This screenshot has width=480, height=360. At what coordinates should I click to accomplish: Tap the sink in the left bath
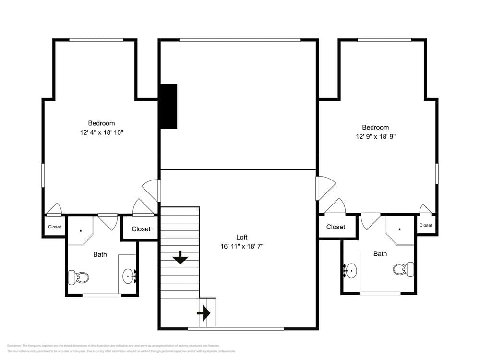point(129,276)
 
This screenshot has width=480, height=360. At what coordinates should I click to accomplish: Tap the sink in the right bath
point(351,271)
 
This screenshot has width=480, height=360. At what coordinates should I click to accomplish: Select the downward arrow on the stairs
point(180,257)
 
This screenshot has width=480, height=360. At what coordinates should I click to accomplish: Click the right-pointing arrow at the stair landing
point(204,314)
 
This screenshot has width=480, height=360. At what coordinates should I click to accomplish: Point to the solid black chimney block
point(168,106)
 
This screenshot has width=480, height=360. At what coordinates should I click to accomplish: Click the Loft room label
point(242,237)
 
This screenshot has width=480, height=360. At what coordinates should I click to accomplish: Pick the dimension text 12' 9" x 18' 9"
point(375,136)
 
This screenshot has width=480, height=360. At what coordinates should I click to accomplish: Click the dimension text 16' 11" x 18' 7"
point(242,246)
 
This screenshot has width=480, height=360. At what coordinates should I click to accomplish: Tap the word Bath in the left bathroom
point(100,254)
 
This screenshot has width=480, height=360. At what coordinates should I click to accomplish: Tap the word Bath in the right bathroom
point(380,254)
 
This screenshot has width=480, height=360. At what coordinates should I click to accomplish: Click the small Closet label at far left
point(55,227)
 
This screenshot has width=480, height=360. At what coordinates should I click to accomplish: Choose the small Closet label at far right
point(425,225)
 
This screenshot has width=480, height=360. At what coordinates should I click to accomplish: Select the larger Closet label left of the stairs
point(141,229)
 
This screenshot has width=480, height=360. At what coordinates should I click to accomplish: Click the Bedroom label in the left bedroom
point(101,123)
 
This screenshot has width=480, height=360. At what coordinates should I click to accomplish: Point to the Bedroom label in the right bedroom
point(375,127)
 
